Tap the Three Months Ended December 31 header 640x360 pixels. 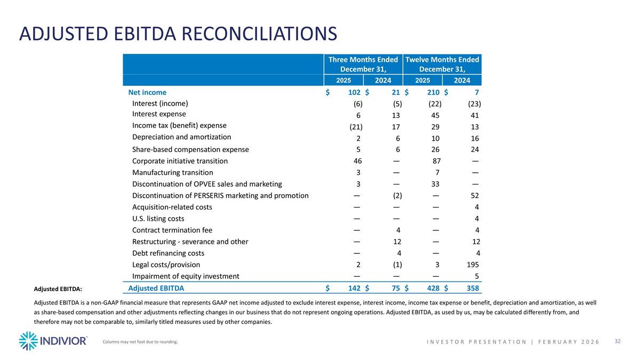point(363,65)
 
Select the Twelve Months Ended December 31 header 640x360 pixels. point(442,65)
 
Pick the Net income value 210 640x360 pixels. point(432,92)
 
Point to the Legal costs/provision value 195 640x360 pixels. point(472,265)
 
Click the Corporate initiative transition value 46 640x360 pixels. point(358,161)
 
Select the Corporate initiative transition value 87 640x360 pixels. point(435,161)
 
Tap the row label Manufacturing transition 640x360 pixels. point(172,173)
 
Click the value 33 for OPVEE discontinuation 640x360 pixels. point(435,185)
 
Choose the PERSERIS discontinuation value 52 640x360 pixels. point(474,196)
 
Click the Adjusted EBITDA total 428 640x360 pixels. point(432,289)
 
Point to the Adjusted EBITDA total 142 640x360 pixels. point(353,289)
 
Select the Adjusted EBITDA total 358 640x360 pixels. point(471,289)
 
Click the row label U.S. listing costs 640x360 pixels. point(158,219)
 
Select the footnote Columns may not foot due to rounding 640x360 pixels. point(140,342)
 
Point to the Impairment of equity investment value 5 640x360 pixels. point(476,276)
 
